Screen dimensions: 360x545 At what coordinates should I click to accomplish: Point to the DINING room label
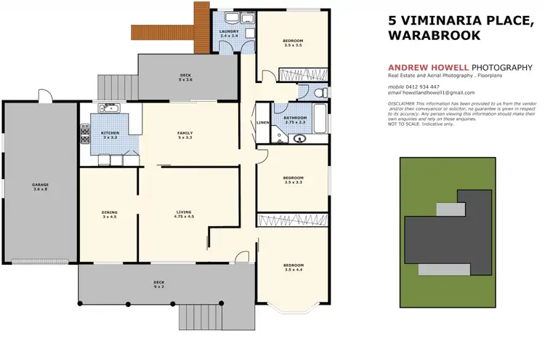(109, 214)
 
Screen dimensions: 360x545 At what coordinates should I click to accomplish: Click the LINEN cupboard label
(263, 123)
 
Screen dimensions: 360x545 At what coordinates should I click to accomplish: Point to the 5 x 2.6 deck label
(186, 77)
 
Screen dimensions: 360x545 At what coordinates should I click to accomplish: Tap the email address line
(432, 93)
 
